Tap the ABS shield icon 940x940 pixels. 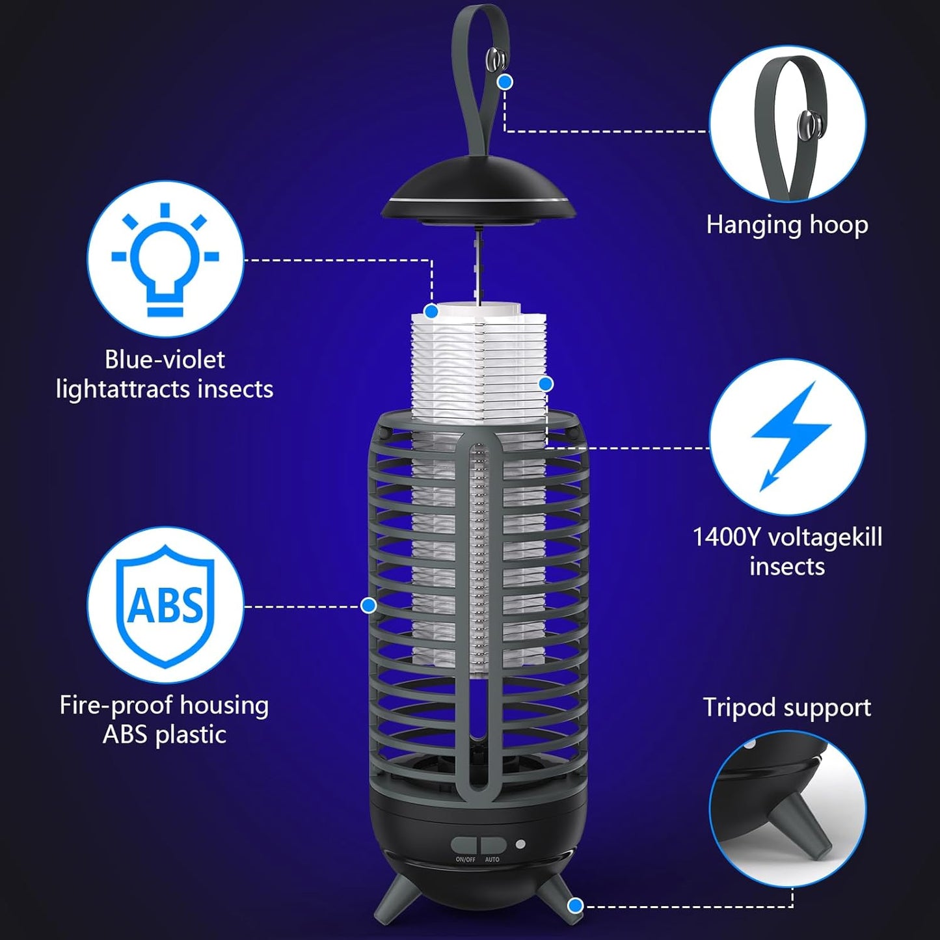[165, 606]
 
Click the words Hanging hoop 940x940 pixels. [787, 225]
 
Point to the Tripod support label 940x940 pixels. [787, 707]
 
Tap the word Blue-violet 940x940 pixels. [165, 359]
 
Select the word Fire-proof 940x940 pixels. [117, 705]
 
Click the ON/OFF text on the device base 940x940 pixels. [466, 859]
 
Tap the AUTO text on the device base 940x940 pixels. [492, 859]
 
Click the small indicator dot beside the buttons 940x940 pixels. [520, 844]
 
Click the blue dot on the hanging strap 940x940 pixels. [505, 82]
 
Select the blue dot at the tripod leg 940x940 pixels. [574, 905]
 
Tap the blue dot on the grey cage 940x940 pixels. [369, 606]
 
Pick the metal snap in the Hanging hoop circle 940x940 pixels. [809, 124]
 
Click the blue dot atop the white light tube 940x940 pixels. [431, 312]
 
